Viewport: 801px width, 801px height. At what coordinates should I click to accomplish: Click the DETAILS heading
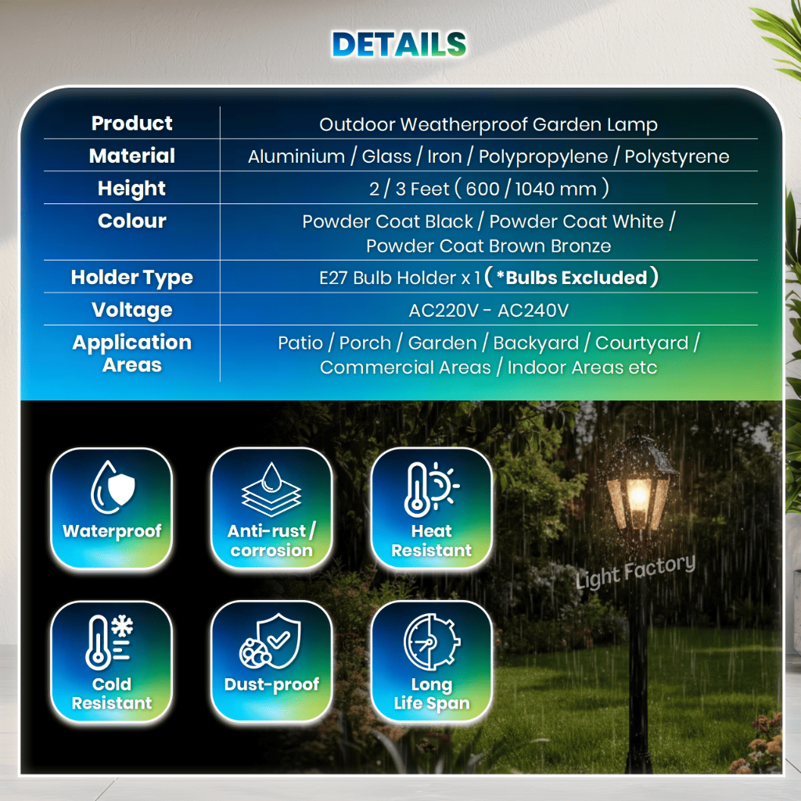tap(399, 44)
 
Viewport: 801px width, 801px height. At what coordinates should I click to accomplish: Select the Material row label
tap(131, 156)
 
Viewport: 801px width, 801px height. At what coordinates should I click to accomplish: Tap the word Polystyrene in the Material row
tap(677, 156)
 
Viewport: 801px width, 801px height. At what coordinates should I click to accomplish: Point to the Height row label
tap(131, 189)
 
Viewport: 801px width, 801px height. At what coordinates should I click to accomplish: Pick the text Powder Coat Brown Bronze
tap(488, 246)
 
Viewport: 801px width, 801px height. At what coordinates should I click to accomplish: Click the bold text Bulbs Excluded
tap(577, 278)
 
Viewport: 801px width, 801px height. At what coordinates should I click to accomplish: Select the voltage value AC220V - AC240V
tap(488, 310)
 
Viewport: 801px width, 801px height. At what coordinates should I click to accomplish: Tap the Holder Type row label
tap(131, 278)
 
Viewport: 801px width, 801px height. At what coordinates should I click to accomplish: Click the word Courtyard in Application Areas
tap(641, 343)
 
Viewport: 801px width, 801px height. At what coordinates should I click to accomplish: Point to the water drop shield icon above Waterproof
tap(113, 487)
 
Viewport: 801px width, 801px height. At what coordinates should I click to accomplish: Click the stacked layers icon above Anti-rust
tap(271, 490)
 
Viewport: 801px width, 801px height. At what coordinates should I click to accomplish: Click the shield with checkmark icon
tap(270, 641)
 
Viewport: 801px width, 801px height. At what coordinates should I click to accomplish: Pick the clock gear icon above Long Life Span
tap(432, 641)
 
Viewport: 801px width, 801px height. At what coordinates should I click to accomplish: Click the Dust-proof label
tap(271, 684)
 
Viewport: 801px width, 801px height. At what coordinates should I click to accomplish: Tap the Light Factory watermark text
tap(635, 572)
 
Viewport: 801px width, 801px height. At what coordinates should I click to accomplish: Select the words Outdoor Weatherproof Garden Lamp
tap(488, 124)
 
